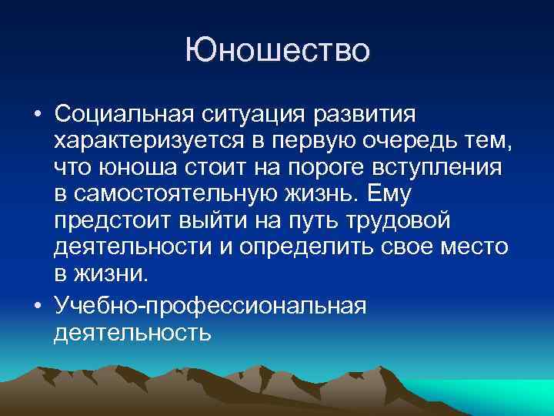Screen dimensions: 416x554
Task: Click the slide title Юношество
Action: coord(277,51)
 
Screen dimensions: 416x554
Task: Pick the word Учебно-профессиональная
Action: coord(211,306)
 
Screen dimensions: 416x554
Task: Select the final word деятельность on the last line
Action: coord(132,332)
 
